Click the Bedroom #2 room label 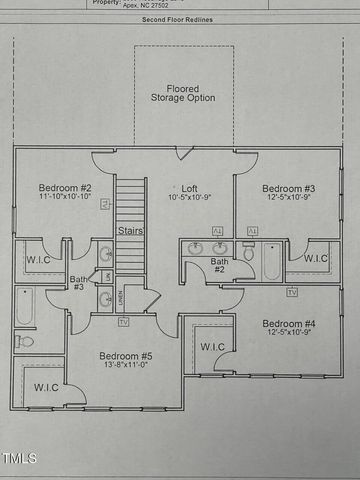(x=65, y=188)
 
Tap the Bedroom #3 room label (x=289, y=188)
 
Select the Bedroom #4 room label (x=289, y=323)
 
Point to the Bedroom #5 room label (x=125, y=356)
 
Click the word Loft (x=189, y=188)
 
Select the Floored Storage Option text (x=183, y=93)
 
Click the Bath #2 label (x=219, y=266)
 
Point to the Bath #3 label (x=78, y=283)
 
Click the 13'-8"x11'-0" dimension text (x=125, y=367)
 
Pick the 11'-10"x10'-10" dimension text (x=65, y=199)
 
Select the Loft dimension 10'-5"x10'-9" (x=189, y=199)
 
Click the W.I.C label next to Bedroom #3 (x=315, y=258)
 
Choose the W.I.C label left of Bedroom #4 (x=213, y=347)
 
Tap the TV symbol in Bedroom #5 (x=123, y=322)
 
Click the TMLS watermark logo (x=19, y=459)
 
